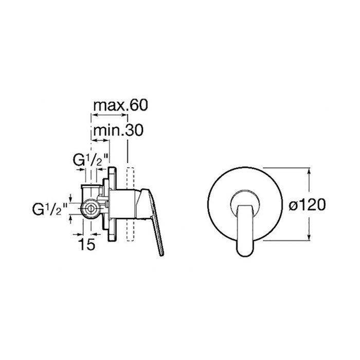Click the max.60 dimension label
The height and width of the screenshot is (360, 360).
click(120, 105)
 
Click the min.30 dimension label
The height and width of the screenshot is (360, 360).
click(118, 130)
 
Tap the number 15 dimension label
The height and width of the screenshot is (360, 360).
click(86, 244)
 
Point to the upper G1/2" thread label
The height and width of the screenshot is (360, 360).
click(91, 160)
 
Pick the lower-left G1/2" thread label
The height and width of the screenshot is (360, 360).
click(50, 209)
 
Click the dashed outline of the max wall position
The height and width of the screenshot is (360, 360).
click(130, 204)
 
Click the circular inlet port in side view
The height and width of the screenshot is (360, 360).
click(91, 209)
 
